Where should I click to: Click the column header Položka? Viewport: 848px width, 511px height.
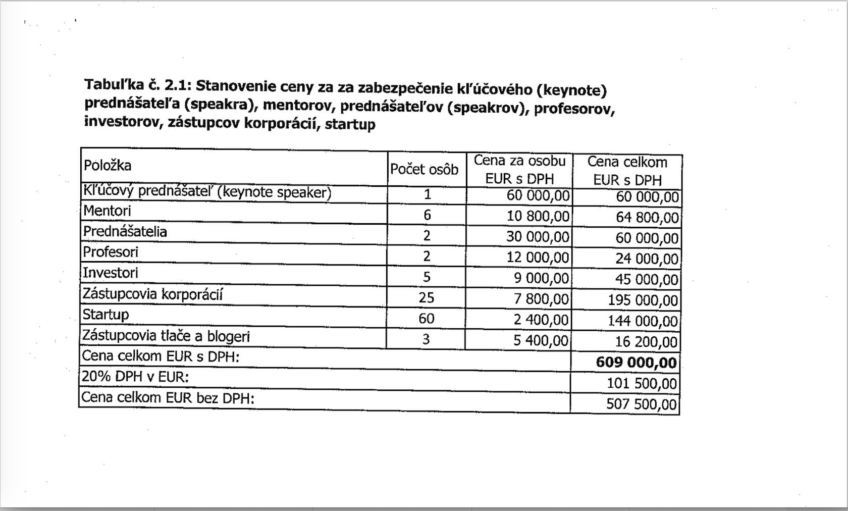pyautogui.click(x=108, y=166)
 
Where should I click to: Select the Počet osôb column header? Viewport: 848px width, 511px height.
pyautogui.click(x=424, y=169)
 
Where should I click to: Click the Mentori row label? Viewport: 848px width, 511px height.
pyautogui.click(x=107, y=211)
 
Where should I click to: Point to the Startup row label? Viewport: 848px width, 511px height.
pyautogui.click(x=106, y=315)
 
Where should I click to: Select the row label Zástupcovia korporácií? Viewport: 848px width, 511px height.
pyautogui.click(x=152, y=294)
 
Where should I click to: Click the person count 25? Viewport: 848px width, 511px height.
pyautogui.click(x=426, y=297)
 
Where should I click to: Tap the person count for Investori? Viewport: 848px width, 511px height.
pyautogui.click(x=427, y=277)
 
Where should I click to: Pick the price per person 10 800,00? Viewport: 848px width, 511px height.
pyautogui.click(x=538, y=216)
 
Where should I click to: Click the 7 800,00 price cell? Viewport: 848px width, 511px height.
pyautogui.click(x=541, y=299)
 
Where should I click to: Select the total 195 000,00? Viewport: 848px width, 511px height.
pyautogui.click(x=643, y=300)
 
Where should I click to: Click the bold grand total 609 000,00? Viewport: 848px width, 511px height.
pyautogui.click(x=636, y=362)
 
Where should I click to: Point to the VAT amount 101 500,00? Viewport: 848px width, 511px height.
pyautogui.click(x=641, y=383)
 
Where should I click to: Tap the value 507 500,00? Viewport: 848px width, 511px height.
pyautogui.click(x=641, y=404)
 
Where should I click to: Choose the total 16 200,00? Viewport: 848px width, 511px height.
pyautogui.click(x=646, y=342)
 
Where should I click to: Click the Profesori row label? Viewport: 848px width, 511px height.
pyautogui.click(x=111, y=252)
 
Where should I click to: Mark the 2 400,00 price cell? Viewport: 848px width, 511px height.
pyautogui.click(x=541, y=320)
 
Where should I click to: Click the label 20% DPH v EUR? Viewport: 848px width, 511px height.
pyautogui.click(x=135, y=377)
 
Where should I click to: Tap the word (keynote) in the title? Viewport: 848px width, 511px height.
pyautogui.click(x=571, y=90)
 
